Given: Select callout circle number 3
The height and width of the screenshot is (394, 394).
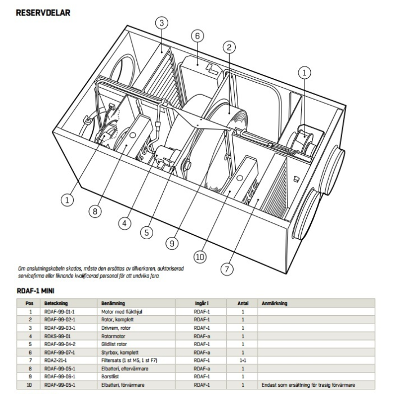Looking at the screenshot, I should point(162,23).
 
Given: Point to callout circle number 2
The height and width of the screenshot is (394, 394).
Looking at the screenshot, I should point(229,47).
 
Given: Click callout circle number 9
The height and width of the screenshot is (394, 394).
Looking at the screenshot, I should point(171,243).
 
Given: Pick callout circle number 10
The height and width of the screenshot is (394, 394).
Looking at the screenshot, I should point(200,257).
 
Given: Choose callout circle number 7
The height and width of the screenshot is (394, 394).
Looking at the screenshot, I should point(227,268).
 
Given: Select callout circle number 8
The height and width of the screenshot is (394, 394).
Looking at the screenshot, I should point(96,211).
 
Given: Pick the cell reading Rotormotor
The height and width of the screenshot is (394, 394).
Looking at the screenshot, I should point(114,335).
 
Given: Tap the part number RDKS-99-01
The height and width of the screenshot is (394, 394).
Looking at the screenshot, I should point(56,335).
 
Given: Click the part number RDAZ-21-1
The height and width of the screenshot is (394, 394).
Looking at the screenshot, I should point(56,359).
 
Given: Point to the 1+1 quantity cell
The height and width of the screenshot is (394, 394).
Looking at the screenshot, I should point(243,359).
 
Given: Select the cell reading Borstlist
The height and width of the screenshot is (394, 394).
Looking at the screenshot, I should point(111,374).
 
